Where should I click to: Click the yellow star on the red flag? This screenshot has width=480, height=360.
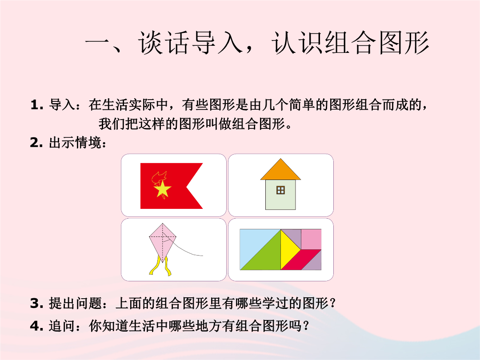pyautogui.click(x=162, y=188)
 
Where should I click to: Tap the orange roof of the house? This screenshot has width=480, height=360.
pyautogui.click(x=281, y=171)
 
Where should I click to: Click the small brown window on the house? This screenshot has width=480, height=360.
pyautogui.click(x=280, y=190)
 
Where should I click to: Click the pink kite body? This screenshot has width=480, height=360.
pyautogui.click(x=163, y=242)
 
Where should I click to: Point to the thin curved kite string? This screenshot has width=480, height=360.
pyautogui.click(x=187, y=249)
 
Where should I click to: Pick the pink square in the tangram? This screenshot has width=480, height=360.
pyautogui.click(x=311, y=239)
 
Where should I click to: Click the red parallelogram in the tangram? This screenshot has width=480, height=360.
pyautogui.click(x=301, y=260)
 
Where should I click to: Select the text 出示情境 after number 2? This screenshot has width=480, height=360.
pyautogui.click(x=75, y=143)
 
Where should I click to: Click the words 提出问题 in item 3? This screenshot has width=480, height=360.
pyautogui.click(x=75, y=304)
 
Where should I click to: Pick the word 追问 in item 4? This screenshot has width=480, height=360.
pyautogui.click(x=62, y=326)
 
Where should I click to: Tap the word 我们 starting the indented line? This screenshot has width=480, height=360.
pyautogui.click(x=112, y=124)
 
